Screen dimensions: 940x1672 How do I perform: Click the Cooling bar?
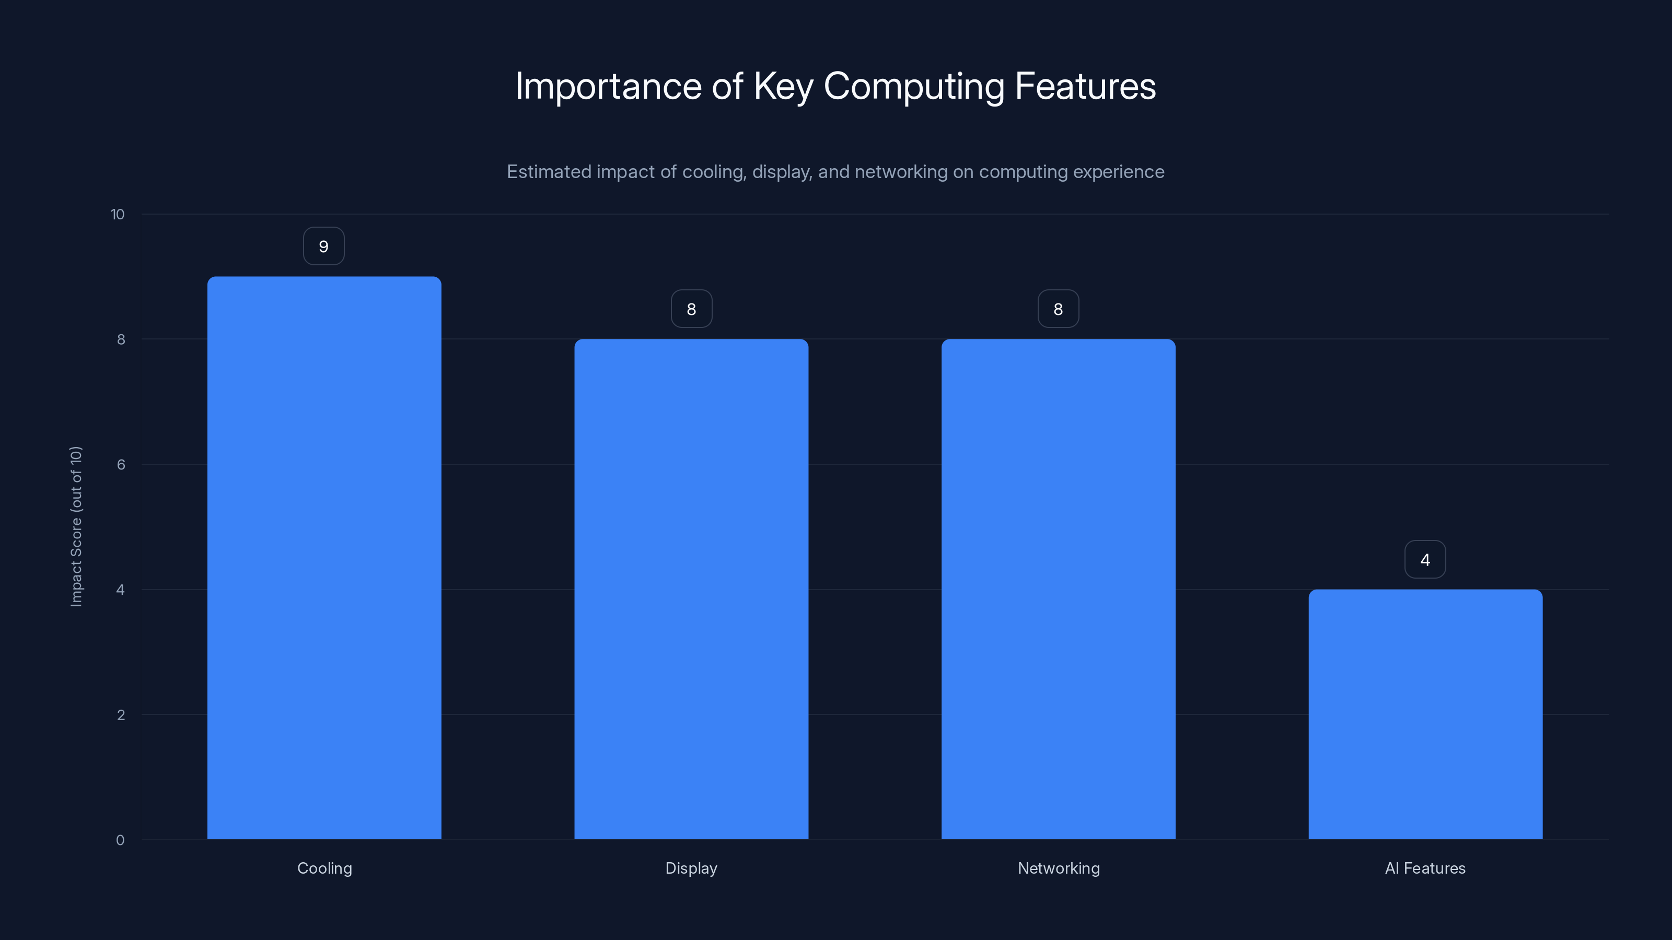click(324, 558)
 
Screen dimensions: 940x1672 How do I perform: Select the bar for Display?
click(691, 589)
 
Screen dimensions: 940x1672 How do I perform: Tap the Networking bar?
click(1058, 589)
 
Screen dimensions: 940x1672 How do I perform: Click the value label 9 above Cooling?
click(324, 246)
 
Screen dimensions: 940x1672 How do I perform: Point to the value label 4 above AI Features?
click(1425, 560)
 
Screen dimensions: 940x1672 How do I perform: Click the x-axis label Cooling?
click(324, 868)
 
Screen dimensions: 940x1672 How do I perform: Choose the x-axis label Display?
click(691, 868)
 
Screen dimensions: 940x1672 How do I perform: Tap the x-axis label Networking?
click(1059, 868)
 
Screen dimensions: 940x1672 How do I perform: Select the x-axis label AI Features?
click(1425, 868)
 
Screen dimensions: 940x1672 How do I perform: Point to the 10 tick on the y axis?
click(118, 215)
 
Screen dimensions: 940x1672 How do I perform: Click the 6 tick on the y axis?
click(121, 464)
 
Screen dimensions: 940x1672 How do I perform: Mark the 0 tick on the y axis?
click(120, 840)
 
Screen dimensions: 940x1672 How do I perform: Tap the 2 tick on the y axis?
click(121, 715)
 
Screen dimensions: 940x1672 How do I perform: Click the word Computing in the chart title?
click(914, 87)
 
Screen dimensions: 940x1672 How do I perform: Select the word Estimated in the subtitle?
click(549, 172)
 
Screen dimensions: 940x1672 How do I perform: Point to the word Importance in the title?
click(608, 87)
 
